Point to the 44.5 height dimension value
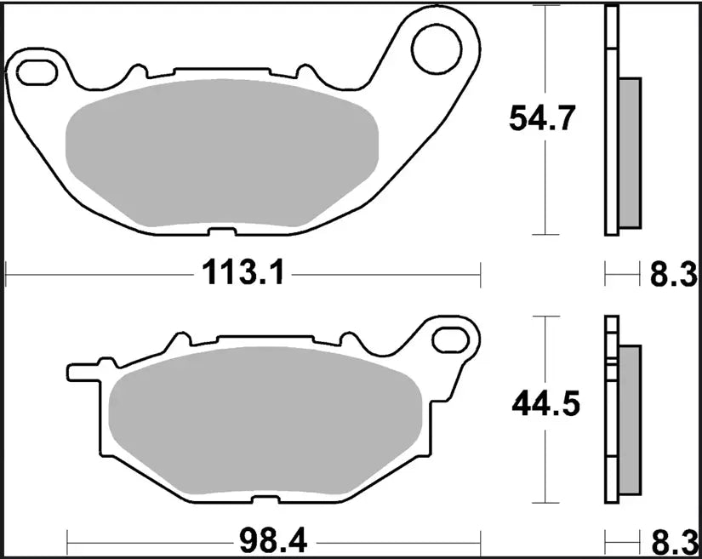point(545,405)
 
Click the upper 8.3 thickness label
point(674,275)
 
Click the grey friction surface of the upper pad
point(221,153)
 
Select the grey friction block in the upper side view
point(629,153)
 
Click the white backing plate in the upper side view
point(610,119)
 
